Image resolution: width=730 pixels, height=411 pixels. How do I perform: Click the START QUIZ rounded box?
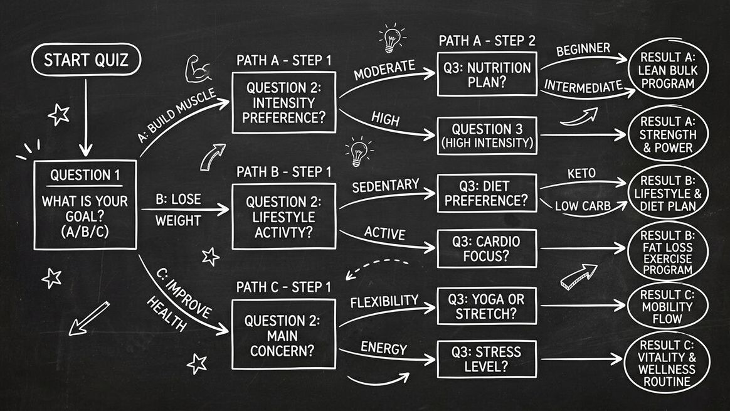tap(86, 61)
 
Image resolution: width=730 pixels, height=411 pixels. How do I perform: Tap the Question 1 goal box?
tap(85, 205)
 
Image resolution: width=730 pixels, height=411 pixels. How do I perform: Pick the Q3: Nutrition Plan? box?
tap(487, 75)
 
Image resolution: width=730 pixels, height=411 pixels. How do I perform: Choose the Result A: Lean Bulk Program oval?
tap(672, 70)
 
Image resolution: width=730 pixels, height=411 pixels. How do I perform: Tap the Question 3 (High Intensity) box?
tap(487, 135)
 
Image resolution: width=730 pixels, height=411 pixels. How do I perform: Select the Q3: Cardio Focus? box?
tap(487, 248)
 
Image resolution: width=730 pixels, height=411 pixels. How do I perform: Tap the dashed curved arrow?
tap(377, 268)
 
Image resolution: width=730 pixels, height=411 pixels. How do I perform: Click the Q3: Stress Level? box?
tap(487, 359)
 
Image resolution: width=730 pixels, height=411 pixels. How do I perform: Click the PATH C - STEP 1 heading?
tap(283, 287)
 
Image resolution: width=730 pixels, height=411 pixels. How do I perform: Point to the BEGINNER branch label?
tap(583, 48)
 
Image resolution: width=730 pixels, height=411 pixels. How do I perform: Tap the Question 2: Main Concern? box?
tap(283, 335)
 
